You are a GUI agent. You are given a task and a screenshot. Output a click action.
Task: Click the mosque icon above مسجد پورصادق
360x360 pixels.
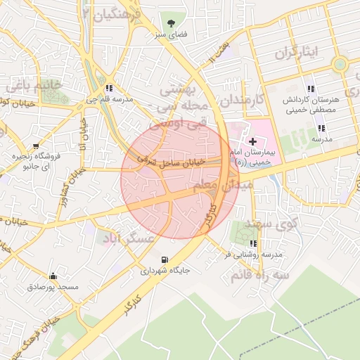pyautogui.click(x=53, y=276)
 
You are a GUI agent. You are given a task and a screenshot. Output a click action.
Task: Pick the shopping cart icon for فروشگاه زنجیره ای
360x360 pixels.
pyautogui.click(x=16, y=156)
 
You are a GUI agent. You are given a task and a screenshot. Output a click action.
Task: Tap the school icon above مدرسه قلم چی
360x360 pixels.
pyautogui.click(x=109, y=89)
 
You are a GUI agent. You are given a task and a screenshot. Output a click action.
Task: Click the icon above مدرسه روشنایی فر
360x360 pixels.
pyautogui.click(x=253, y=244)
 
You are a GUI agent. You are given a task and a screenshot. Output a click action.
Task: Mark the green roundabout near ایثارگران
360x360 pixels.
pyautogui.click(x=340, y=65)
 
